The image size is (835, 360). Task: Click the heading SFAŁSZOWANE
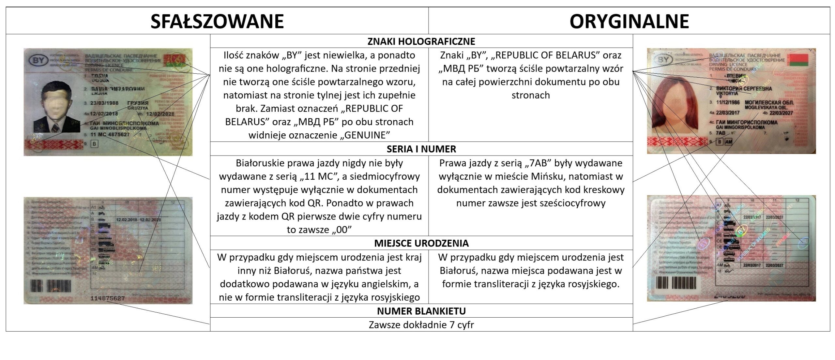tap(217, 21)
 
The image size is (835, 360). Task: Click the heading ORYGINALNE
tap(629, 21)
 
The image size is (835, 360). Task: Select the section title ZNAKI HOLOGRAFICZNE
tap(421, 41)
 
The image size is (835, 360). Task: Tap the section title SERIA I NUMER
tap(421, 149)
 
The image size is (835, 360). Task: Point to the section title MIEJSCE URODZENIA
tap(421, 243)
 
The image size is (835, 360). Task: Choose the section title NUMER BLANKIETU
tap(421, 311)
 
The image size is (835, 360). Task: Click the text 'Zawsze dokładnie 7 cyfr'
tap(421, 325)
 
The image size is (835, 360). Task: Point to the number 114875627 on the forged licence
tap(108, 298)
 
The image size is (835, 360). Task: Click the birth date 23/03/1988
tap(104, 103)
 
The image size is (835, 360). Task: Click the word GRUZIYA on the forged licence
tap(138, 108)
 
